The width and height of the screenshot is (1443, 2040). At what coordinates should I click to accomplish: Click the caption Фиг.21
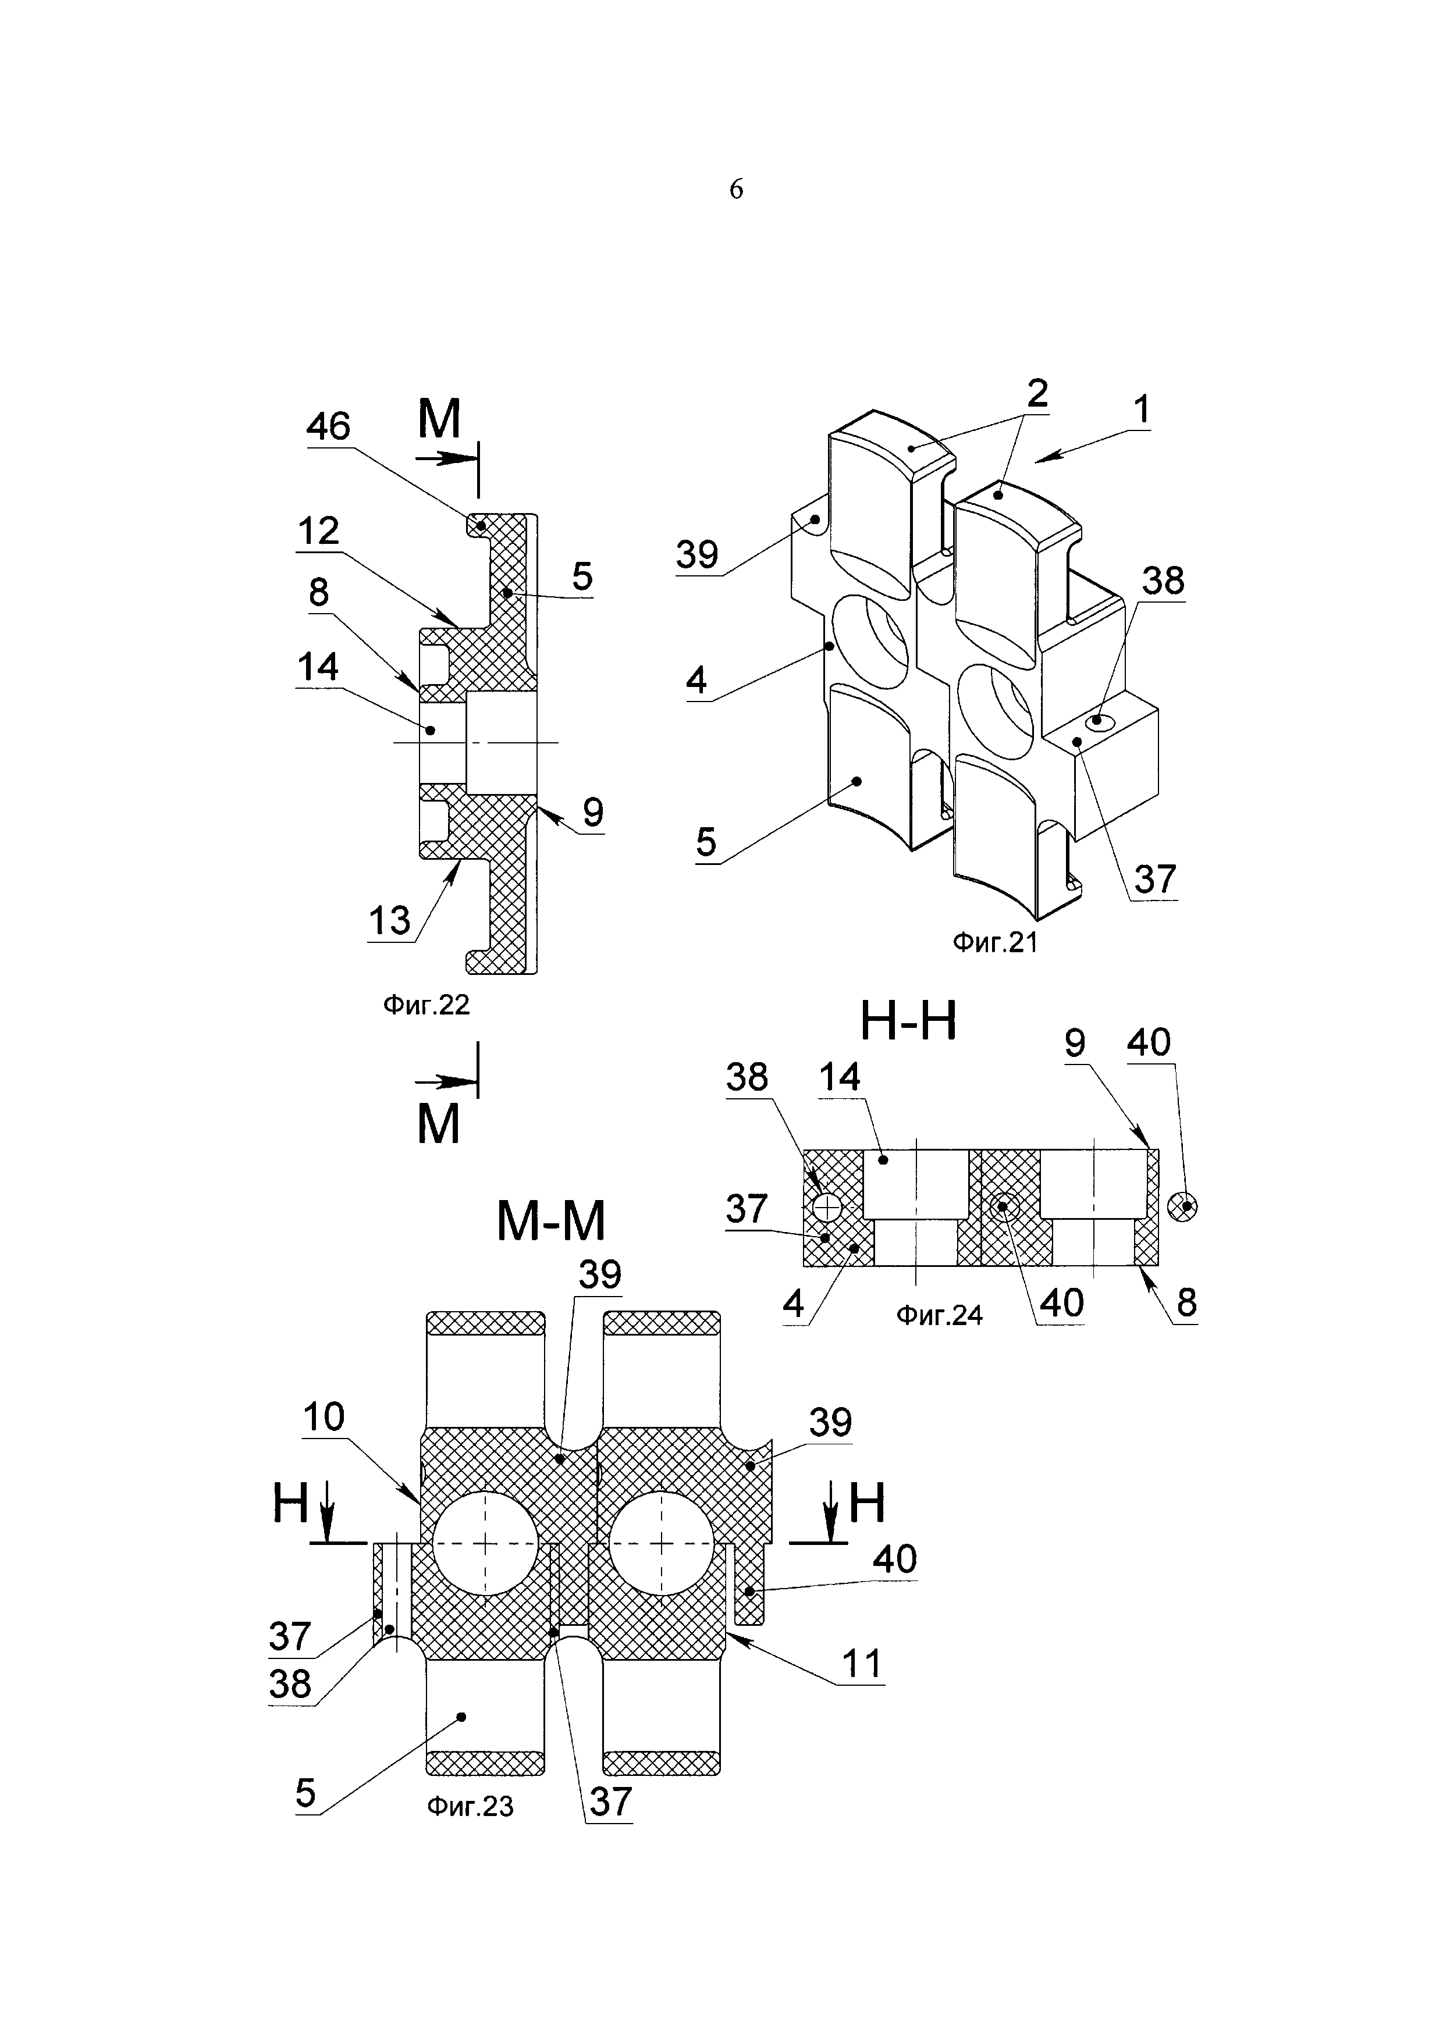[x=995, y=943]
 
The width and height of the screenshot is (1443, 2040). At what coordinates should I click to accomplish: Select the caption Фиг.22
[x=425, y=1005]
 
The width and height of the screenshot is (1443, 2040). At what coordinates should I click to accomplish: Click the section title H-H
[x=908, y=1023]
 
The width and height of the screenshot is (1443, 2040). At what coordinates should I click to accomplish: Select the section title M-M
[x=551, y=1221]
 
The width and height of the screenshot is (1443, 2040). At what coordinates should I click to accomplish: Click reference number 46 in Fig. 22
[x=329, y=428]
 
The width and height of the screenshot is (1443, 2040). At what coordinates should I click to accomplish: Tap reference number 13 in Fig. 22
[x=390, y=921]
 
